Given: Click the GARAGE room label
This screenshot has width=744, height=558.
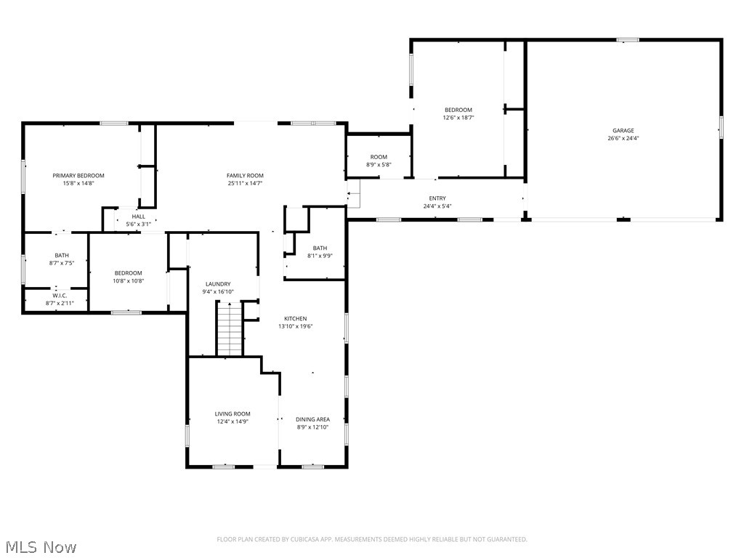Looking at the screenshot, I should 623,131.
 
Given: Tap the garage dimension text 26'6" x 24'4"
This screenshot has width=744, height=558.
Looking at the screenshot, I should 623,139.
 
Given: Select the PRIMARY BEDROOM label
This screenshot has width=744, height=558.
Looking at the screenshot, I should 78,176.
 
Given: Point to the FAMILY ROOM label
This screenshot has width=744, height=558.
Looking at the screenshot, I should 245,176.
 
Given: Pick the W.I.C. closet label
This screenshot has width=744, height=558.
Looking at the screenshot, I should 60,296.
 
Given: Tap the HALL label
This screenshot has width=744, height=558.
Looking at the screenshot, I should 138,217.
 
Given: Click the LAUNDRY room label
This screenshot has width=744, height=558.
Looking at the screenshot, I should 218,284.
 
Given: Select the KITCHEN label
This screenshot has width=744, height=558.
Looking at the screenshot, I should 295,318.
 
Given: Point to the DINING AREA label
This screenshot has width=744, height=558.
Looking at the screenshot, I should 312,419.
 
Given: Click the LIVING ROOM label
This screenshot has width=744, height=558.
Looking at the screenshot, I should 232,414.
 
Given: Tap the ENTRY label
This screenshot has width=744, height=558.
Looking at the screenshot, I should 437,198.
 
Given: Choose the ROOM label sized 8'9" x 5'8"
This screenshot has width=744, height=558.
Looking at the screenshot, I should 379,157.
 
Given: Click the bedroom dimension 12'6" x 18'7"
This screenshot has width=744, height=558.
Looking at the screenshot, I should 458,118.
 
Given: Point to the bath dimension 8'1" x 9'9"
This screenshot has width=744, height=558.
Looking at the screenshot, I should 320,256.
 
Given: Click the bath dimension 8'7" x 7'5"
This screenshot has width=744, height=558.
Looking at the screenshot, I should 62,263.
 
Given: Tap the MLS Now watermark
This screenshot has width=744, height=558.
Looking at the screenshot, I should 41,546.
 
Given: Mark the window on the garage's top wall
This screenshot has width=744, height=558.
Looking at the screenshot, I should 628,39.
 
